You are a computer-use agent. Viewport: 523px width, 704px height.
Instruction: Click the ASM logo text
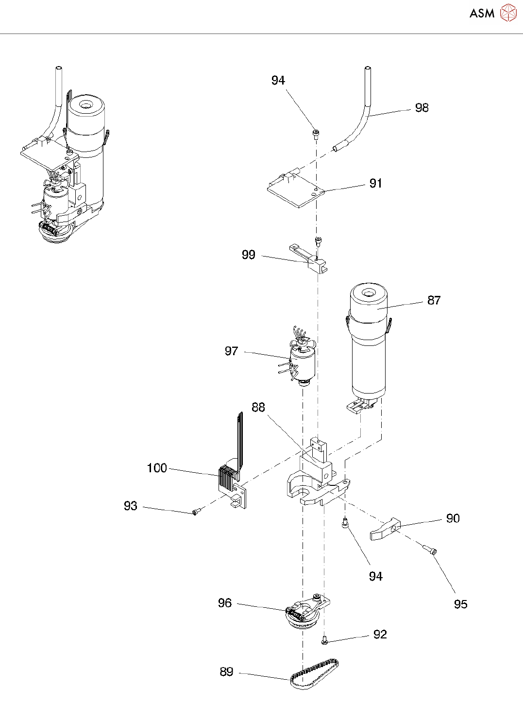pos(482,14)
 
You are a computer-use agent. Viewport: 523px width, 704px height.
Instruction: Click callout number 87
pos(434,300)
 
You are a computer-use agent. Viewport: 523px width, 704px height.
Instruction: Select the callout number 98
pos(422,108)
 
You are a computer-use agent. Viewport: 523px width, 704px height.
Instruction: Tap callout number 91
pos(375,183)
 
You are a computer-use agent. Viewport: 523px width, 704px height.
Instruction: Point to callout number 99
pos(248,255)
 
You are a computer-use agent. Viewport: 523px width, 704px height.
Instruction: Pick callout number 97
pos(231,351)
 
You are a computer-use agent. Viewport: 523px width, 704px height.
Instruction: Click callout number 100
pos(156,468)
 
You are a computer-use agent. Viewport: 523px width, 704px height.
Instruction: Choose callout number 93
pos(130,506)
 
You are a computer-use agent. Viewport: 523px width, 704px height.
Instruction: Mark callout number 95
pos(460,604)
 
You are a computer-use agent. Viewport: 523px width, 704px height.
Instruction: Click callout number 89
pos(226,671)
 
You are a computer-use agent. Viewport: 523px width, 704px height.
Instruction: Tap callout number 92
pos(380,635)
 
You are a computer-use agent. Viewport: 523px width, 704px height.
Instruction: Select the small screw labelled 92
pos(324,642)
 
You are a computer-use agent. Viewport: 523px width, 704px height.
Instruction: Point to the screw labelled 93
pos(196,512)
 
